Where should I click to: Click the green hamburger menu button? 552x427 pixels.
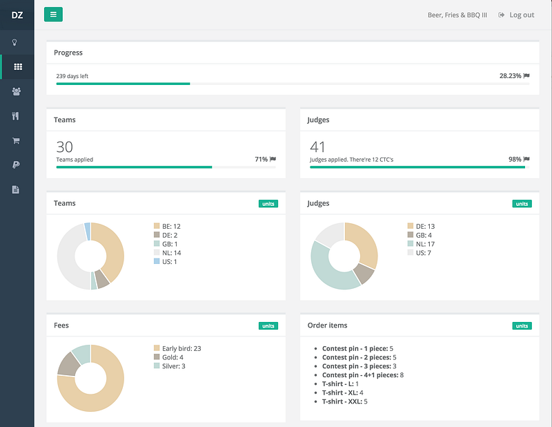click(53, 15)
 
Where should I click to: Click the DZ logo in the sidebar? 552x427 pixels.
click(17, 15)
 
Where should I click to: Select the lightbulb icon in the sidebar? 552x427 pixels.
click(14, 42)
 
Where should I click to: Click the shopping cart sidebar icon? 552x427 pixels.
click(16, 141)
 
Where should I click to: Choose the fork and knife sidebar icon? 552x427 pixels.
click(15, 116)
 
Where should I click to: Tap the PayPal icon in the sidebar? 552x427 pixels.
click(16, 164)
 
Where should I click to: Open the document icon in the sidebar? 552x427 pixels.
click(15, 190)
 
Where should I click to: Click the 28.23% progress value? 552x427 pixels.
click(510, 76)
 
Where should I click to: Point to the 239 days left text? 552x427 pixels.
click(72, 76)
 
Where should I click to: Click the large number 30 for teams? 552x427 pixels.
click(64, 146)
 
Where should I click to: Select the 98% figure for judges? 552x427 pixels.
click(515, 160)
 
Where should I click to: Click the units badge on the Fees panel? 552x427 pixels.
click(268, 326)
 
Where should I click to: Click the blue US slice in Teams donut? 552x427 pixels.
click(88, 231)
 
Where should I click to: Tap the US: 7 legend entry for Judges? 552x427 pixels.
click(419, 253)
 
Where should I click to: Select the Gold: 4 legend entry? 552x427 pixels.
click(168, 357)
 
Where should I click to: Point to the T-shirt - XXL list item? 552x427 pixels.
click(344, 401)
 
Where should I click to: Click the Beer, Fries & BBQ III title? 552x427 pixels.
click(457, 15)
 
